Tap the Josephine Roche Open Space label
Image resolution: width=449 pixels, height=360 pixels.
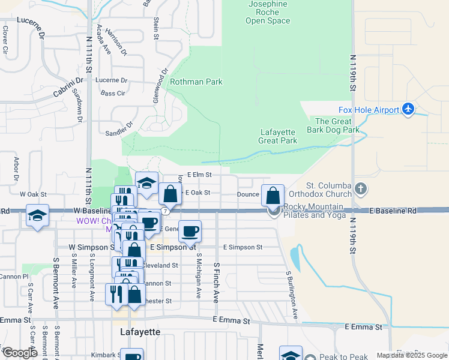pos(268,13)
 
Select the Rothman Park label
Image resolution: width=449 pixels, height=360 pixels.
pos(196,82)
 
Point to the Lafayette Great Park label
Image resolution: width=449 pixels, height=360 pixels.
pos(279,137)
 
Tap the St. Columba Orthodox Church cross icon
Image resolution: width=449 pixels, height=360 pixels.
pos(360,189)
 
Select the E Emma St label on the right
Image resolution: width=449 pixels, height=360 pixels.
pos(363,327)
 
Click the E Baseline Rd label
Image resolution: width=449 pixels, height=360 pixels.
pos(393,211)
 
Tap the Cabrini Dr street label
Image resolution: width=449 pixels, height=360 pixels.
pos(68,86)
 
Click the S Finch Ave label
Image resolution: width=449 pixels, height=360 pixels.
pos(216,281)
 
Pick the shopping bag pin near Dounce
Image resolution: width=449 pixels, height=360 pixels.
pos(273,195)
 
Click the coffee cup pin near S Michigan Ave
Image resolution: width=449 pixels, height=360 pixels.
pos(190,231)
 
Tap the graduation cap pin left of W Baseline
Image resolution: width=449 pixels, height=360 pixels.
pos(38,217)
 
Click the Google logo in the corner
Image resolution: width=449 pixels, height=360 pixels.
pos(20,353)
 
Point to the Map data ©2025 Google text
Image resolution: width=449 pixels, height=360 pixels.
pos(411,355)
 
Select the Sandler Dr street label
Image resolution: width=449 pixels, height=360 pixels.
pos(118,130)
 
